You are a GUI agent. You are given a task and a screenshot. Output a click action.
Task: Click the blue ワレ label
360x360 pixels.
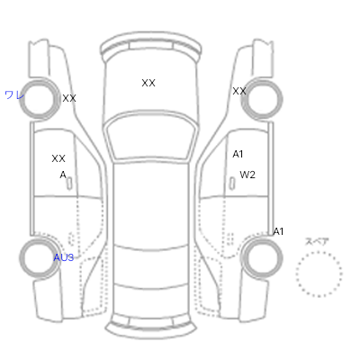(x=14, y=95)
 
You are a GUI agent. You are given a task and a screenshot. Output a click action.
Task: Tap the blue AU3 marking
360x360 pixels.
(x=64, y=257)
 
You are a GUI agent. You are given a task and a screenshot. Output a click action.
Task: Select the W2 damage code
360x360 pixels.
(x=247, y=175)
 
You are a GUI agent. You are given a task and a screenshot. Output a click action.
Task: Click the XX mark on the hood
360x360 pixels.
(x=148, y=83)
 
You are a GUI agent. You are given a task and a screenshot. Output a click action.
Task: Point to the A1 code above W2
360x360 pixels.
(x=238, y=154)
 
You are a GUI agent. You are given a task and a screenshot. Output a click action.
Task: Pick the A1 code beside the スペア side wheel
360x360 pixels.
(x=278, y=231)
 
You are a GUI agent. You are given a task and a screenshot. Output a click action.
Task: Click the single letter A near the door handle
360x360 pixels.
(x=63, y=175)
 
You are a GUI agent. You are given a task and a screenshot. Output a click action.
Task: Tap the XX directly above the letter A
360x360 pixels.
(x=58, y=158)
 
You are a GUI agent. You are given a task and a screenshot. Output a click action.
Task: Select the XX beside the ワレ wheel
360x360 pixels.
(x=69, y=98)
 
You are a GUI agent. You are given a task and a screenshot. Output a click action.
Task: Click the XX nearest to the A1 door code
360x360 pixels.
(x=239, y=91)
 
